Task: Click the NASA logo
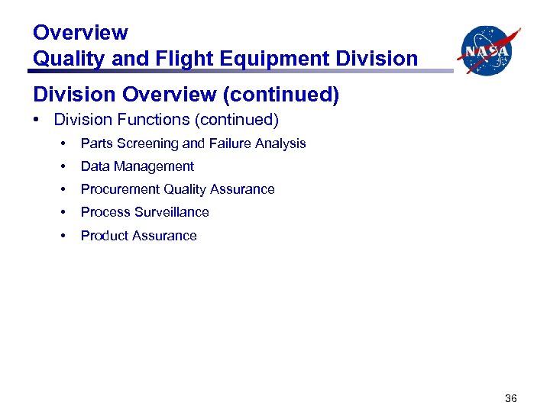click(x=488, y=50)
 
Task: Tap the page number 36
click(x=511, y=398)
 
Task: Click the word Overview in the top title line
click(x=80, y=33)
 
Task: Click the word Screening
click(x=148, y=143)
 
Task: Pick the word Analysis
click(x=280, y=143)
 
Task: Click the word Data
click(x=95, y=166)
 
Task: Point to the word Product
click(x=105, y=236)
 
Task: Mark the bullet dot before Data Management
click(x=64, y=166)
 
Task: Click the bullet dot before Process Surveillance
click(x=64, y=212)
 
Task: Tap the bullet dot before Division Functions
click(x=37, y=120)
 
